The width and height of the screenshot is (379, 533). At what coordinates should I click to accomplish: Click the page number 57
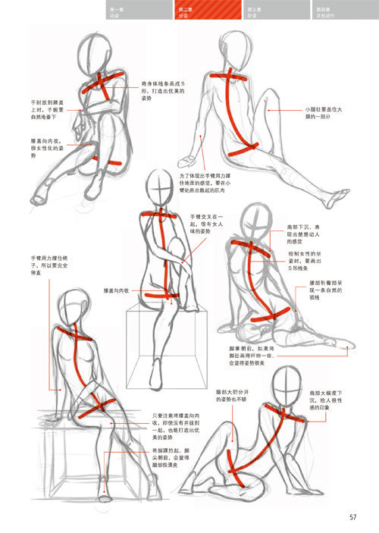tap(353, 519)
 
